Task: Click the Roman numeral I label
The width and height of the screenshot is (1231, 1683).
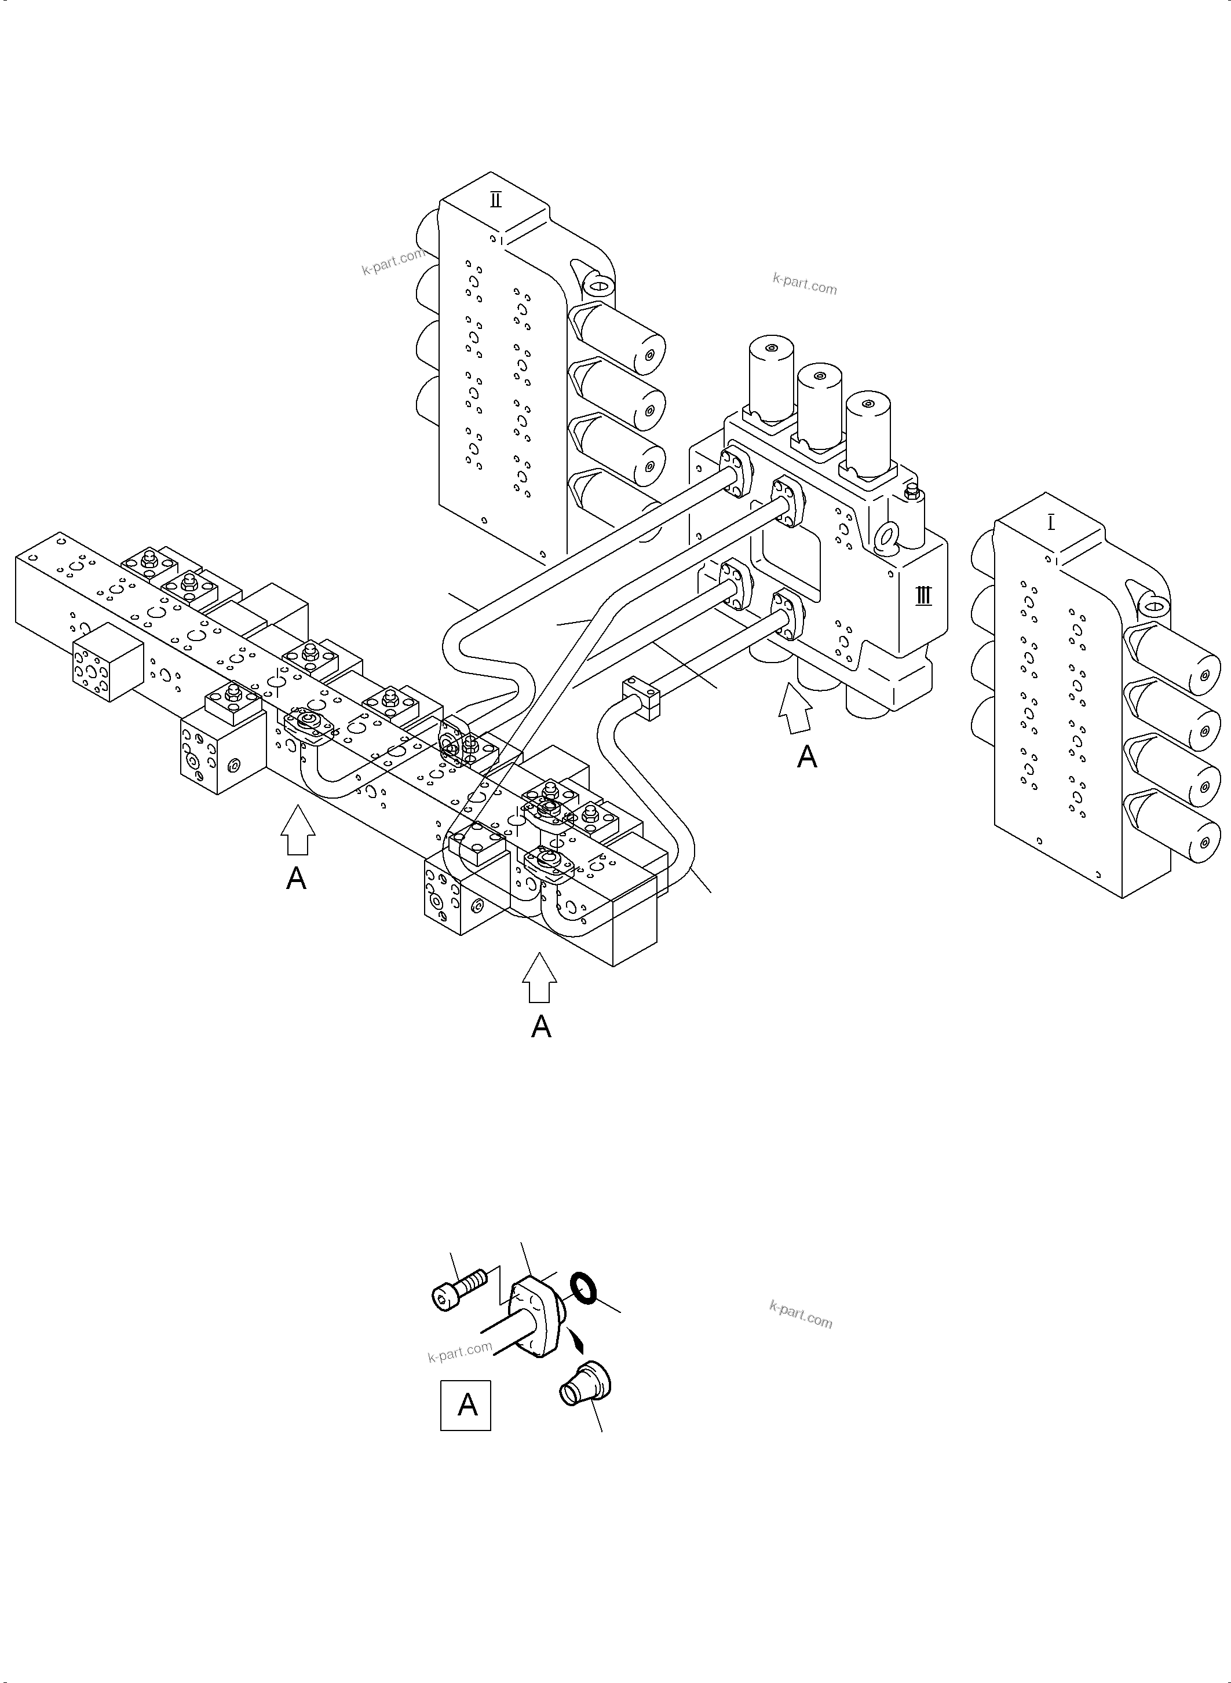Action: point(1051,523)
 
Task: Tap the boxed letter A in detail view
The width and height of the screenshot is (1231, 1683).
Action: point(466,1405)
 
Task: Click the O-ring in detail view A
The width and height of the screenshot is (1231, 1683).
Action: point(583,1288)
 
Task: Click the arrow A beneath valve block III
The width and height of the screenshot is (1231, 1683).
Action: point(796,712)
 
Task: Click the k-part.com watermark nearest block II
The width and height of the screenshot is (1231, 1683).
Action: point(393,262)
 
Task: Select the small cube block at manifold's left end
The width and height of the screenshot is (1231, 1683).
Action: point(107,661)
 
